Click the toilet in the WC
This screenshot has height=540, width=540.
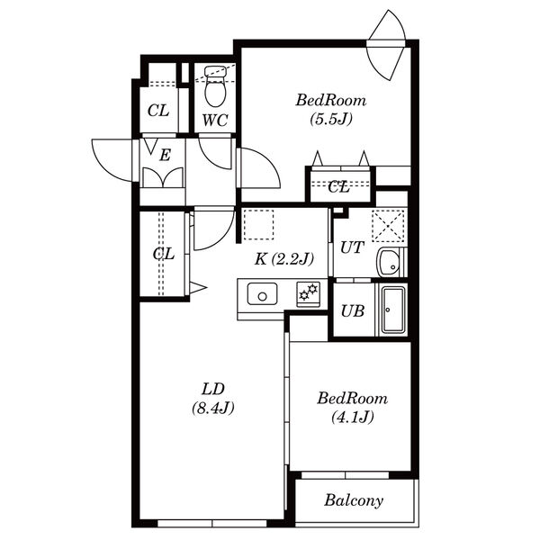pos(216,86)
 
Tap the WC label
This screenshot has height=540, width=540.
pos(215,121)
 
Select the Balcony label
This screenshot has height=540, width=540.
pos(354,500)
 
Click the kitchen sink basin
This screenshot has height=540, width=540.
pos(263,294)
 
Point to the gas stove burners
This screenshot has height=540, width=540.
pos(308,293)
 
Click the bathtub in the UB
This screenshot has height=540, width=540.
pos(393,310)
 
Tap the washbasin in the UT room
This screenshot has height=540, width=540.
pos(389,262)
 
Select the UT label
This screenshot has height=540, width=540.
pos(352,247)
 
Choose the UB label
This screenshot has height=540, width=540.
pos(353,311)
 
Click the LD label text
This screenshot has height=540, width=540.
pos(213,389)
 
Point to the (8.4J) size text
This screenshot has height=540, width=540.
pos(213,408)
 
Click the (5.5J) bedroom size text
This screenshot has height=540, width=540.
pos(331,119)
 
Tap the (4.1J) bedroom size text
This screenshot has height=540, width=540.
pos(353,418)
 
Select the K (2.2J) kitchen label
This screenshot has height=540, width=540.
pos(284,259)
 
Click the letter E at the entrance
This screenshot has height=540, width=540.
pos(166,156)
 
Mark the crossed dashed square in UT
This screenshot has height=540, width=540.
pos(388,226)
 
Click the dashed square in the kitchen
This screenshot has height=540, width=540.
pos(258,224)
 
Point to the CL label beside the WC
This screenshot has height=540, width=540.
pos(158,111)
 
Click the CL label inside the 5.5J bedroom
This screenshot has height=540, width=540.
pos(339,187)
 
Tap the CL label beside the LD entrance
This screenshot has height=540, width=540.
pos(164,254)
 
